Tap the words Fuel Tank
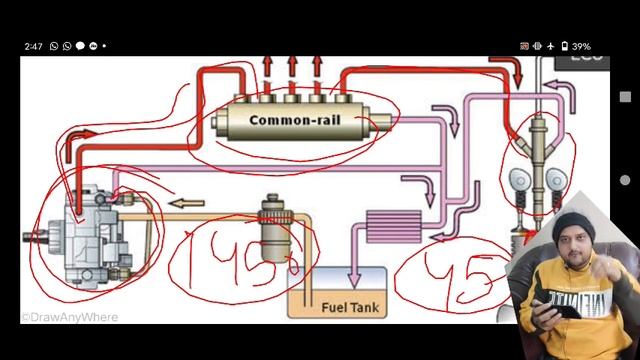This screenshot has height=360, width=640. tap(348, 307)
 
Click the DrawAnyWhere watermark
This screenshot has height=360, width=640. tap(70, 318)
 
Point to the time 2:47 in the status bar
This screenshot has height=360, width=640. tap(33, 46)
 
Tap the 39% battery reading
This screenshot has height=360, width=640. tap(581, 46)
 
